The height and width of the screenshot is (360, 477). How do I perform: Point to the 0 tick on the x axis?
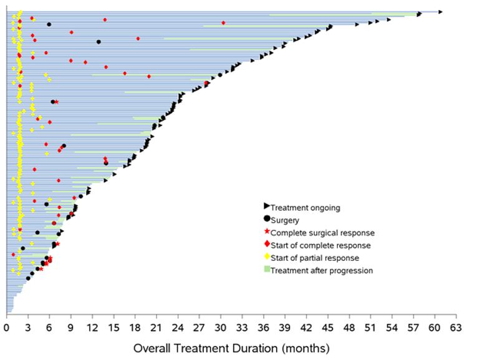coord(6,326)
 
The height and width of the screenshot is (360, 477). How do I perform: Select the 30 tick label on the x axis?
coord(221,326)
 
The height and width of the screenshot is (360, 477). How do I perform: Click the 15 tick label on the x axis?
coord(113,326)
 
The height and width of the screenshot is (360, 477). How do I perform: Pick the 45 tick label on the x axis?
coord(328,326)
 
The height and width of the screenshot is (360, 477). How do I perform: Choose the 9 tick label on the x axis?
coord(70,326)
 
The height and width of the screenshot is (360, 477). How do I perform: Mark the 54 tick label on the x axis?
coord(392,326)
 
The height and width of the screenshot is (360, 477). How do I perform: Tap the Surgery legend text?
coord(285,220)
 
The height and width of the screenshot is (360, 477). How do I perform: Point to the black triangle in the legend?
coord(267,207)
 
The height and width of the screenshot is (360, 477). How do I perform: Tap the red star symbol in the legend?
coord(267,231)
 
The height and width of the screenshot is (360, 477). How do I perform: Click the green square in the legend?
coord(267,270)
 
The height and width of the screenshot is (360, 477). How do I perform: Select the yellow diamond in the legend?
coord(267,256)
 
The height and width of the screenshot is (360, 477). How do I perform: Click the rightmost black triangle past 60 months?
coord(440,11)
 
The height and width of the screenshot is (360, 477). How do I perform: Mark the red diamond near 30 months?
coord(223,23)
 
